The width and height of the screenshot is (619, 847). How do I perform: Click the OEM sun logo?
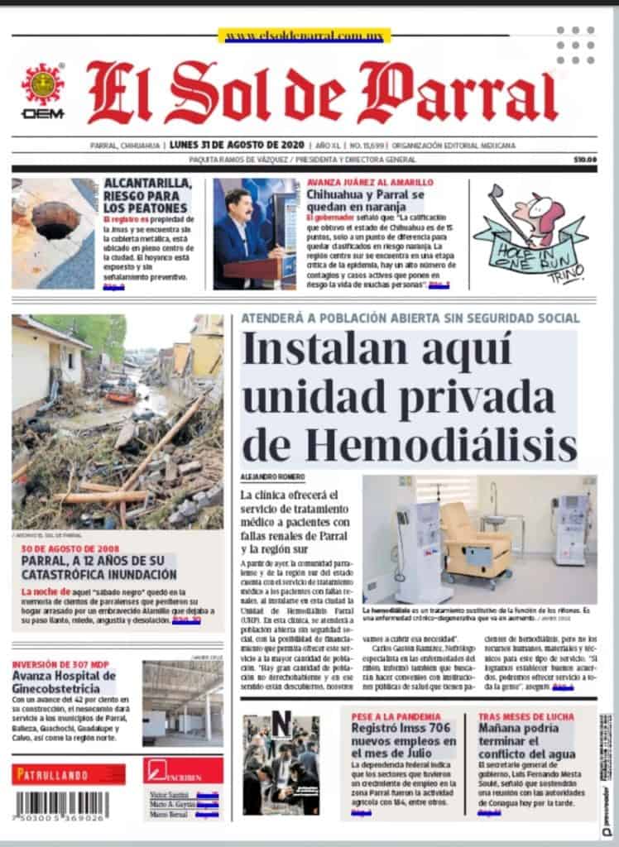coord(42,84)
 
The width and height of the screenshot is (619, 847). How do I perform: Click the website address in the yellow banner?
coord(303,36)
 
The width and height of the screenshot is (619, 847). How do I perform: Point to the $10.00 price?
coord(585,160)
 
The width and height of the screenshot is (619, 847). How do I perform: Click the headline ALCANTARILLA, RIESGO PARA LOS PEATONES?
coord(147,196)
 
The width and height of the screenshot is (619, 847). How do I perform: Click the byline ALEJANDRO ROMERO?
coord(272,478)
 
